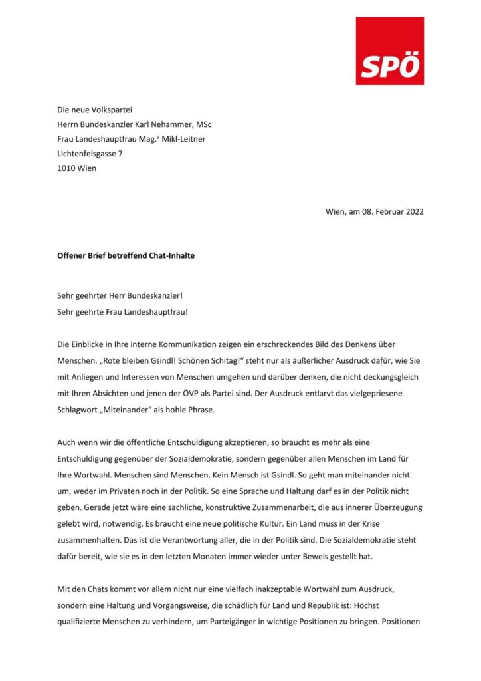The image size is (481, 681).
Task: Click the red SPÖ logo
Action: click(389, 51)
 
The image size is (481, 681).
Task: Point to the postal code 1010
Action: click(66, 168)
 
